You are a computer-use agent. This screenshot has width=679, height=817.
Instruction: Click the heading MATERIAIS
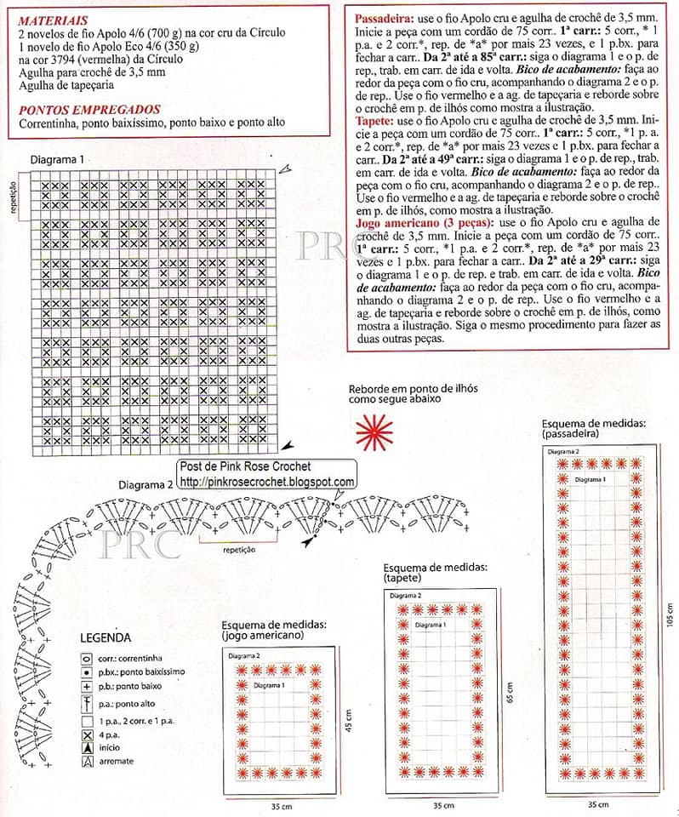tap(52, 19)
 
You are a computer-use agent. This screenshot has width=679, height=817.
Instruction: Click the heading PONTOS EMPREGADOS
tap(89, 110)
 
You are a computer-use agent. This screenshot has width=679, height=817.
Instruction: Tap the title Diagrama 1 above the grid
tap(57, 160)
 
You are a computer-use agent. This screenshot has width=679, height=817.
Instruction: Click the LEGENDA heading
tap(105, 637)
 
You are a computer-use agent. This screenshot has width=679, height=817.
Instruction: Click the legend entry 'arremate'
tap(116, 761)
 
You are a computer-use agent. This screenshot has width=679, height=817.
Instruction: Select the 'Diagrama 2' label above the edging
tap(146, 483)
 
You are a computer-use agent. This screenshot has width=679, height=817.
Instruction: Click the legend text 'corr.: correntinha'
tap(130, 658)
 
